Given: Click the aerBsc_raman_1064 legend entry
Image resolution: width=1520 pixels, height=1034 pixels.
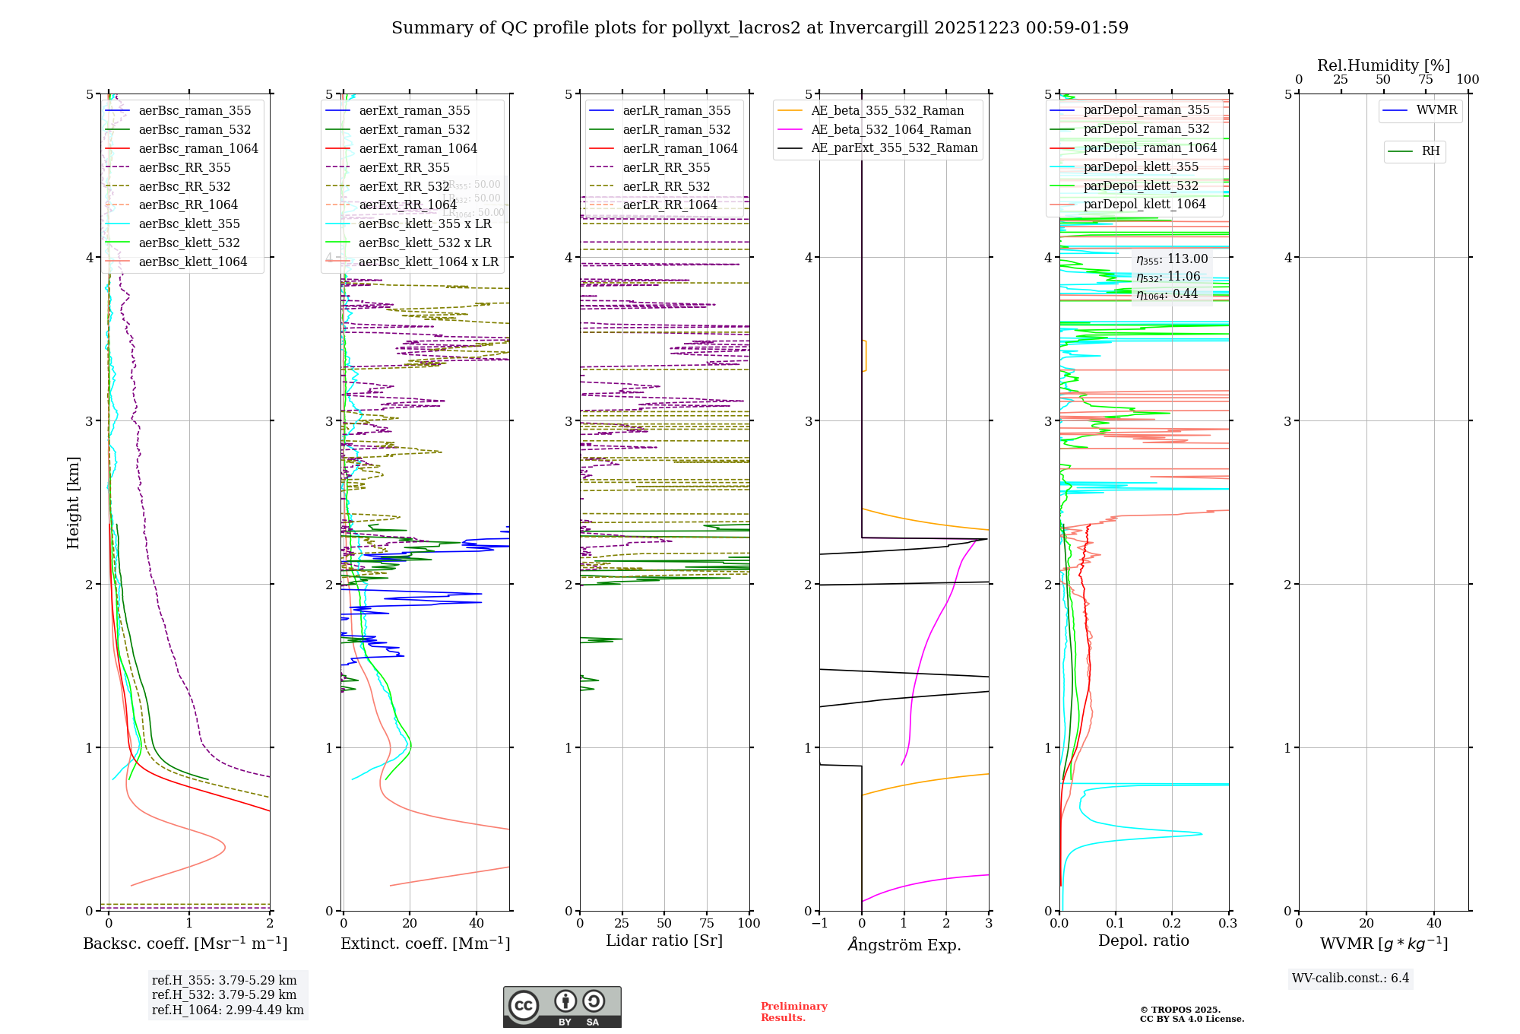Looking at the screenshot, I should click(198, 148).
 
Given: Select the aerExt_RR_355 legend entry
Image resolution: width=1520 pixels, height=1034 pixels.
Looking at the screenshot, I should click(404, 167).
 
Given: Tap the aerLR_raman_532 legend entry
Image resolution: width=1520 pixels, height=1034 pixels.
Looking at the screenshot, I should click(676, 129).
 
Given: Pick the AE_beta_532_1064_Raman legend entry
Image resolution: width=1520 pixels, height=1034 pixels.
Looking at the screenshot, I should click(891, 129).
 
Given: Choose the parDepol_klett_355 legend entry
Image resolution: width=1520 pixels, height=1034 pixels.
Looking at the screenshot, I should click(1141, 167).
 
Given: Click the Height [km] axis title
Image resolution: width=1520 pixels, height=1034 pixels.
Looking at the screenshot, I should click(73, 502).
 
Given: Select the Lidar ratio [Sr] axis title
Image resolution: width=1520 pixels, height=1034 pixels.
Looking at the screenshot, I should click(664, 940).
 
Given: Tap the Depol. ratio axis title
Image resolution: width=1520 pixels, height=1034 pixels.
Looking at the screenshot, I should click(1143, 940).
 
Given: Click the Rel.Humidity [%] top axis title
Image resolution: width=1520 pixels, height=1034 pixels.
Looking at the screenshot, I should click(1383, 65).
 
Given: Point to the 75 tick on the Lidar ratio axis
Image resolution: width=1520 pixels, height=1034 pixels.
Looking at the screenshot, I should click(707, 923).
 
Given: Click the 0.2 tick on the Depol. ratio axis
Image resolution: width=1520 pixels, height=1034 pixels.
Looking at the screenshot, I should click(1172, 923).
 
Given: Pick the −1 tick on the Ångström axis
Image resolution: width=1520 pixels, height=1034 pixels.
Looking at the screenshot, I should click(819, 923).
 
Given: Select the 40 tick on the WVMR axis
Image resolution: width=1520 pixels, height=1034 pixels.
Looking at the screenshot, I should click(1434, 923).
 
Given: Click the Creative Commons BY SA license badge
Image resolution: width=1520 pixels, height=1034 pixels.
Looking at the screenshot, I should click(562, 1007).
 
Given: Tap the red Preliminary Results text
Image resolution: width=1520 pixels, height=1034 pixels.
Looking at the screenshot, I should click(793, 1011).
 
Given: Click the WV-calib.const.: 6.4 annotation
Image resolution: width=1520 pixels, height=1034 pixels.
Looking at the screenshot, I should click(1351, 978).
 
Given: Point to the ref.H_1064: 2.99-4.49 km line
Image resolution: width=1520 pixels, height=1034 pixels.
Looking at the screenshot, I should click(227, 1010).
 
